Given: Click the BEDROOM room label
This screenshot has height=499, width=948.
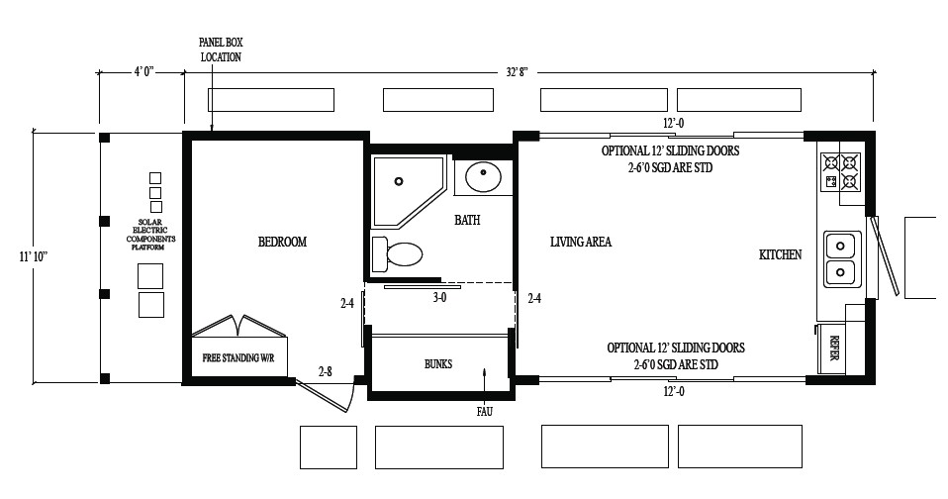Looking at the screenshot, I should pyautogui.click(x=282, y=242).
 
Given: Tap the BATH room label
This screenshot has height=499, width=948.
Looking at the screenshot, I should pyautogui.click(x=467, y=220).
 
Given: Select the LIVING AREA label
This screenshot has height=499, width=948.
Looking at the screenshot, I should pyautogui.click(x=581, y=242).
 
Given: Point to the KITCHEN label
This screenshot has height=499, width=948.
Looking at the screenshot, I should pyautogui.click(x=780, y=254).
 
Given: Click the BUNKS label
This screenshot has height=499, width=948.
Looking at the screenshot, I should pyautogui.click(x=437, y=363).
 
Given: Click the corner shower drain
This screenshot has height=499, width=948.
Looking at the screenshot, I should pyautogui.click(x=399, y=181).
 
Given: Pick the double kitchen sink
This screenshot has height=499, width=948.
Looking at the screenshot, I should pyautogui.click(x=841, y=257).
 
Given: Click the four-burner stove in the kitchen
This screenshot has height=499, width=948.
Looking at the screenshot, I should pyautogui.click(x=840, y=172).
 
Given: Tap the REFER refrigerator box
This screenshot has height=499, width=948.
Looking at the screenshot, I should pyautogui.click(x=833, y=348).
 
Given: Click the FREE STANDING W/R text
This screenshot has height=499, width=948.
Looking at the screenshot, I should pyautogui.click(x=238, y=357).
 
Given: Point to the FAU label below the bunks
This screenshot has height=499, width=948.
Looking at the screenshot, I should pyautogui.click(x=483, y=411).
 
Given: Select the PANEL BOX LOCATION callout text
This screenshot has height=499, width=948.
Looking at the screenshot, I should pyautogui.click(x=220, y=50).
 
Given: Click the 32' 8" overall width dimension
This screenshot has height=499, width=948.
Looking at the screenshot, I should pyautogui.click(x=517, y=71).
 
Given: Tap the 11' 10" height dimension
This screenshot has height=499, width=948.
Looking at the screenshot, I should pyautogui.click(x=33, y=256).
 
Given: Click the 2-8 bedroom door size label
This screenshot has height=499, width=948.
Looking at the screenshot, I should pyautogui.click(x=325, y=371).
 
